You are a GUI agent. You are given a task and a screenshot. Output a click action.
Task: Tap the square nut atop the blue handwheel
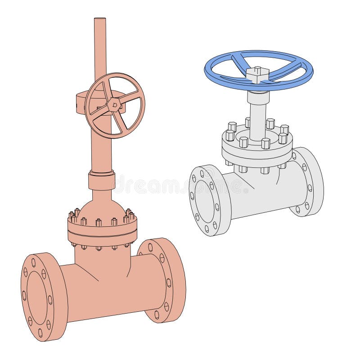(258, 74)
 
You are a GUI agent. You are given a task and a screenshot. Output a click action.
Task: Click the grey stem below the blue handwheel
(258, 112)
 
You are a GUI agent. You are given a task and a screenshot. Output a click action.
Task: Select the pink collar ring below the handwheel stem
(101, 180)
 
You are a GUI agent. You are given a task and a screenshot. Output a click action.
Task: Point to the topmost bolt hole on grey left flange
(202, 172)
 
